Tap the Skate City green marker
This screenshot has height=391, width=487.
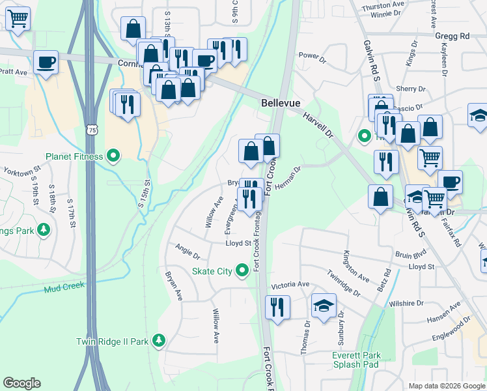(x=243, y=269)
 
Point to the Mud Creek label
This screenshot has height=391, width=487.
(x=64, y=287)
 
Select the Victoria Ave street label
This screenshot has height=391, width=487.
(x=290, y=285)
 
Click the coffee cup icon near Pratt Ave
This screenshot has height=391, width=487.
(x=46, y=63)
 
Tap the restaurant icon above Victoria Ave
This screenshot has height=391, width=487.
(x=278, y=307)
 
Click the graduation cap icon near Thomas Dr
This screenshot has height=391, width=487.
(x=324, y=306)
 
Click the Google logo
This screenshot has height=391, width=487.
(x=21, y=383)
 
